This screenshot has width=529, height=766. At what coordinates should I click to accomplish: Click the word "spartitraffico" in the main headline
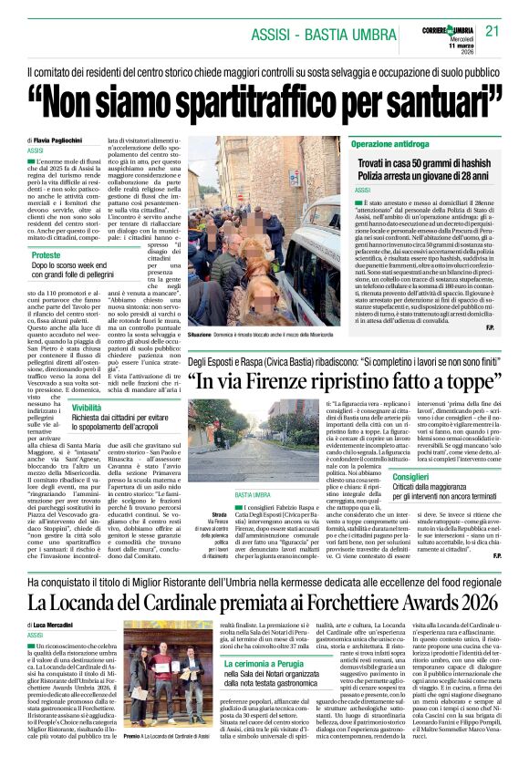click(259, 94)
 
